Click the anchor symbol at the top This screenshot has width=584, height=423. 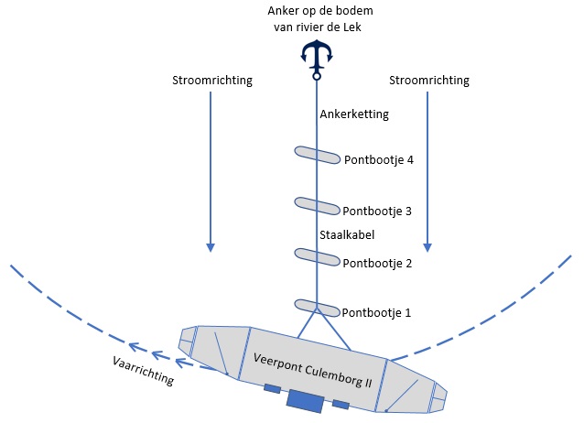pyautogui.click(x=316, y=58)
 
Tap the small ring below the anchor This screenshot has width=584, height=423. pyautogui.click(x=316, y=78)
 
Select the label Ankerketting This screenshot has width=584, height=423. pyautogui.click(x=354, y=115)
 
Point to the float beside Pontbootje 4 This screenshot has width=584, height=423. pyautogui.click(x=316, y=154)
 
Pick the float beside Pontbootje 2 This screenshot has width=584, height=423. pyautogui.click(x=316, y=255)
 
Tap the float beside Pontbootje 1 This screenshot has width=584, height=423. pyautogui.click(x=316, y=306)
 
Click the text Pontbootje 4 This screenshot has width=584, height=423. pyautogui.click(x=379, y=159)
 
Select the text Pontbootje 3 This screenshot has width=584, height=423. pyautogui.click(x=376, y=211)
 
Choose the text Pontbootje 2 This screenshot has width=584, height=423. pyautogui.click(x=376, y=263)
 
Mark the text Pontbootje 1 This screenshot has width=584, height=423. pyautogui.click(x=376, y=312)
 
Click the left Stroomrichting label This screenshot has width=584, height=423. pyautogui.click(x=212, y=81)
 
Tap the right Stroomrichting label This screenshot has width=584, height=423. pyautogui.click(x=429, y=81)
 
